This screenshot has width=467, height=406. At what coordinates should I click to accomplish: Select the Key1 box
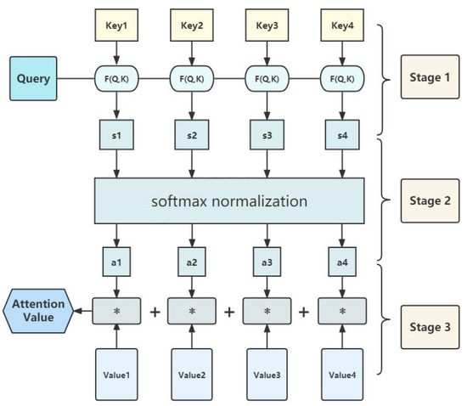(117, 25)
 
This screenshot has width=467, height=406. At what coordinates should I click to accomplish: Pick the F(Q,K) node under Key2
(192, 81)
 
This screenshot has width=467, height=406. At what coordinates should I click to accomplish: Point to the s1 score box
(117, 134)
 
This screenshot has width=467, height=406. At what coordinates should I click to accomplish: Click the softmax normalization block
(229, 202)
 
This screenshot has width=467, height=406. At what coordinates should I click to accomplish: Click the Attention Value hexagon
(37, 311)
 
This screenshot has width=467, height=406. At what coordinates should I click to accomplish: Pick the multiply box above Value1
(117, 312)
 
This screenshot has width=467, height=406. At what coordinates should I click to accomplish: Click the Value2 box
(192, 371)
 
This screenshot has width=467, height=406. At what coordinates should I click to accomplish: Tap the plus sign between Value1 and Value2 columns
(155, 312)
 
